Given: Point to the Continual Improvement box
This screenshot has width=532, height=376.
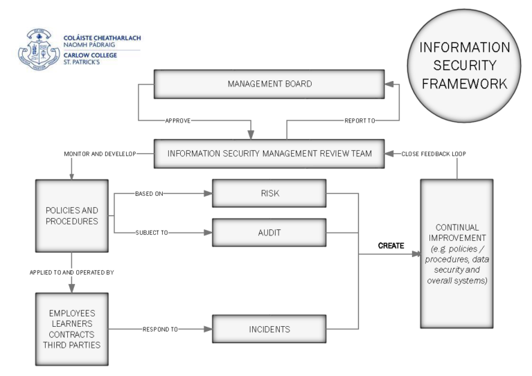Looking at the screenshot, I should (456, 253).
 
